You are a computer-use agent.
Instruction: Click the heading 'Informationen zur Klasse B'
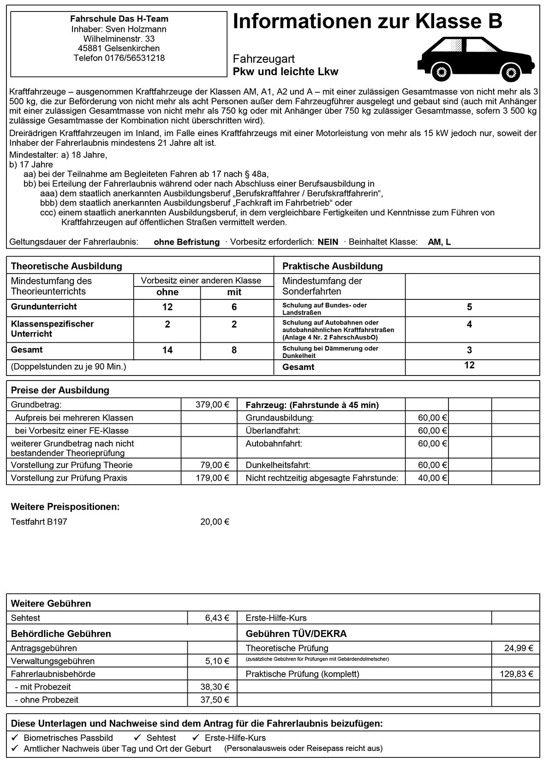[367, 22]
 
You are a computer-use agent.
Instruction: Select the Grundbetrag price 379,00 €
[212, 405]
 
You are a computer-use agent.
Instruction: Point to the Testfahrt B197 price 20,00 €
[215, 522]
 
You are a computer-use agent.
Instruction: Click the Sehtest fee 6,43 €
[217, 618]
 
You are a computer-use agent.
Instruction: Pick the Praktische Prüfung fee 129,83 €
[516, 674]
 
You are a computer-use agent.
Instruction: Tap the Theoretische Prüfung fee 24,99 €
[519, 648]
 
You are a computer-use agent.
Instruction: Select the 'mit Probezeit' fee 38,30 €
[215, 687]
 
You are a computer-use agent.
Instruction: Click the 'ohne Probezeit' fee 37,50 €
[215, 700]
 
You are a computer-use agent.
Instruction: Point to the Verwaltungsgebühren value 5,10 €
[217, 661]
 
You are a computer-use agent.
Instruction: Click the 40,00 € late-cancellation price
[432, 478]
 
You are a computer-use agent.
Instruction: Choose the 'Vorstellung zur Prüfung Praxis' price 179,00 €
[212, 478]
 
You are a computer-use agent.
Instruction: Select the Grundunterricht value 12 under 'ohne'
[167, 307]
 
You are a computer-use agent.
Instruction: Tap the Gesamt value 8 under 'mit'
[234, 350]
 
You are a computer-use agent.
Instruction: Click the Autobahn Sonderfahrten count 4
[469, 325]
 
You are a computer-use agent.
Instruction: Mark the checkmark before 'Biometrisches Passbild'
[15, 738]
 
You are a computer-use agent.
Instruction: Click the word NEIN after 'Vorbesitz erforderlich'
[328, 242]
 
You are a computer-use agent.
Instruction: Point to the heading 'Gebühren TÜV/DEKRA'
[296, 634]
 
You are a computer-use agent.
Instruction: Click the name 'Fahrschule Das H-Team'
[119, 19]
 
